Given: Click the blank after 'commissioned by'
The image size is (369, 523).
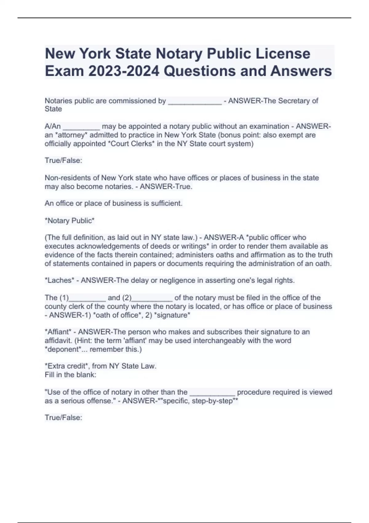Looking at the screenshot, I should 195,102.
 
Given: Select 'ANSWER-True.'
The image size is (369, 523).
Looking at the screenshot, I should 166,186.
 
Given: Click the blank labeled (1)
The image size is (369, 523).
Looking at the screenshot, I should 87,298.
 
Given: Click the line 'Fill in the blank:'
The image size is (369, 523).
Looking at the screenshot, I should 70,375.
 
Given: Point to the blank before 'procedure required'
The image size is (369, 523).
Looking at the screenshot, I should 212,393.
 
